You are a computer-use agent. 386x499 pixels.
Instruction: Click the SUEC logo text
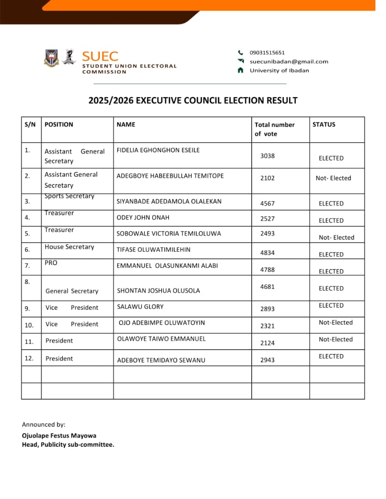[x=100, y=56]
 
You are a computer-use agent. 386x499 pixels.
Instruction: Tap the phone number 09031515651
[x=267, y=53]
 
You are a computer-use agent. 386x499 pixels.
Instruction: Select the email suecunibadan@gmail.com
[x=289, y=61]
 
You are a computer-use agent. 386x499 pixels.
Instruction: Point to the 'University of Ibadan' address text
[x=279, y=70]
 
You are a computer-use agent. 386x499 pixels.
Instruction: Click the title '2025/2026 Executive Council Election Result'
[x=193, y=100]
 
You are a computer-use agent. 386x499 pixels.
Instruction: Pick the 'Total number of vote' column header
[x=274, y=129]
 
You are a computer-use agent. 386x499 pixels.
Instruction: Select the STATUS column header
[x=324, y=124]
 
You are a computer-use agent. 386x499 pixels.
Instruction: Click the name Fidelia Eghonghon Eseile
[x=158, y=150]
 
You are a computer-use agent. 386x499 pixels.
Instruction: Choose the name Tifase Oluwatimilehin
[x=153, y=249]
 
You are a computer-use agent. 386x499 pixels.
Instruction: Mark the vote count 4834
[x=268, y=252]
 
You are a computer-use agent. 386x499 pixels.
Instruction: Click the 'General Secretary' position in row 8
[x=72, y=291]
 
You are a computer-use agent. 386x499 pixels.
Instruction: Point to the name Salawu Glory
[x=140, y=306]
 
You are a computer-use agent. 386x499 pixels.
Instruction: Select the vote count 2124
[x=268, y=343]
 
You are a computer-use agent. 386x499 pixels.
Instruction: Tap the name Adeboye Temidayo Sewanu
[x=161, y=360]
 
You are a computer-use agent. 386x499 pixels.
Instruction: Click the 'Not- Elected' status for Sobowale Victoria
[x=336, y=237]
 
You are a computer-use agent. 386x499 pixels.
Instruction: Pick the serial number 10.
[x=29, y=325]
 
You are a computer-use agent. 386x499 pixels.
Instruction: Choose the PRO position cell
[x=51, y=262]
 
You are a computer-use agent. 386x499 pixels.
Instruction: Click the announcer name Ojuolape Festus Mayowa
[x=59, y=435]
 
